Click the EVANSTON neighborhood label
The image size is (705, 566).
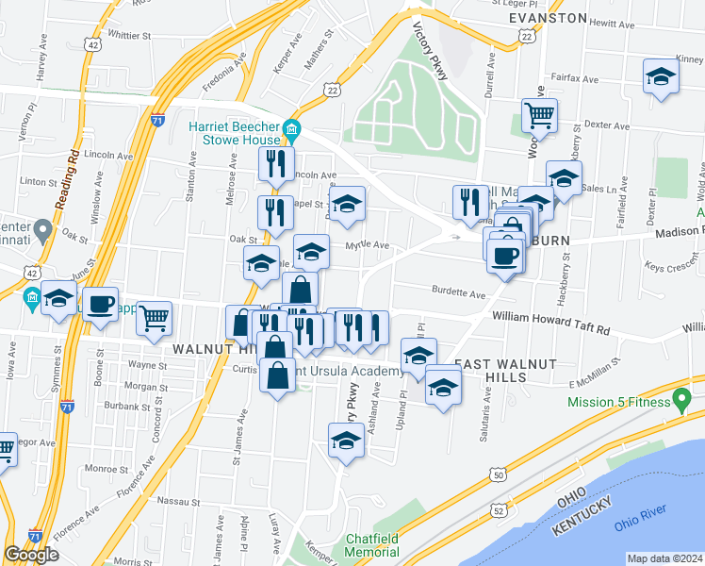pos(548,18)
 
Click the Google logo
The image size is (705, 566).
pos(31,555)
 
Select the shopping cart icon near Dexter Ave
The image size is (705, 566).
pos(539,116)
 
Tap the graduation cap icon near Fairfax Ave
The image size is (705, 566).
pos(662,76)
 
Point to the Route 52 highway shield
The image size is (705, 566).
pos(496,509)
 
